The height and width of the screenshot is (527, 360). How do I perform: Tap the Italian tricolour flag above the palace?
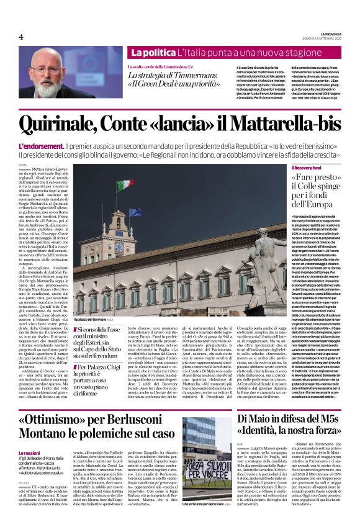[124, 185]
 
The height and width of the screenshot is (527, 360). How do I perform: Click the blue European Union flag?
[135, 212]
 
